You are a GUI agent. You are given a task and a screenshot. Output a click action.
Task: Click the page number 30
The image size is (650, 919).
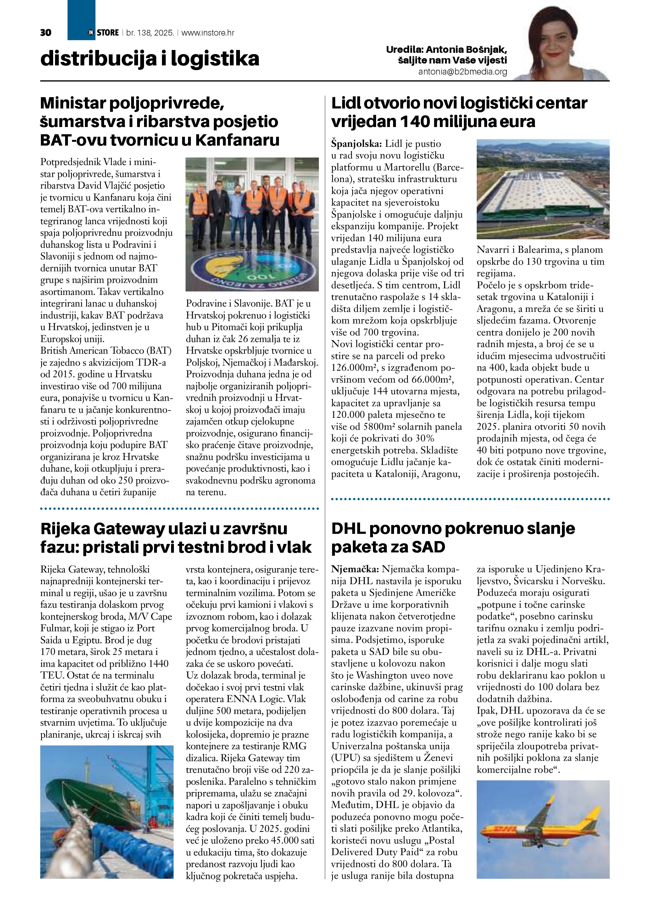tap(46, 33)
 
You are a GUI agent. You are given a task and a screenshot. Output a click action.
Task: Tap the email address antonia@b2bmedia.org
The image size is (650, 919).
tap(463, 72)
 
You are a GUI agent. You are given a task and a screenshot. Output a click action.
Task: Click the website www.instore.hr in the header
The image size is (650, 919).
tap(208, 33)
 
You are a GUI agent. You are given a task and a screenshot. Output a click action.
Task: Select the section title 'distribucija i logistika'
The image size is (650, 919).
tap(150, 59)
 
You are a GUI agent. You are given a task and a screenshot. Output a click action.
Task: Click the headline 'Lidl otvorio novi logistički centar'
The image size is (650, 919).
tap(459, 103)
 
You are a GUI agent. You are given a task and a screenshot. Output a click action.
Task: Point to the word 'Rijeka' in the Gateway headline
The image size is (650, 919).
tap(64, 529)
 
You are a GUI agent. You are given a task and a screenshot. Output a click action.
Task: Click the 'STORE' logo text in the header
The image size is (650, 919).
tap(108, 33)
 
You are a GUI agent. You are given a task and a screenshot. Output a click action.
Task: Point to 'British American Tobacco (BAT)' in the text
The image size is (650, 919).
tap(106, 351)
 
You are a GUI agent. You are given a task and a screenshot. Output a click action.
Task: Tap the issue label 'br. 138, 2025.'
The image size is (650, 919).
tap(150, 33)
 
